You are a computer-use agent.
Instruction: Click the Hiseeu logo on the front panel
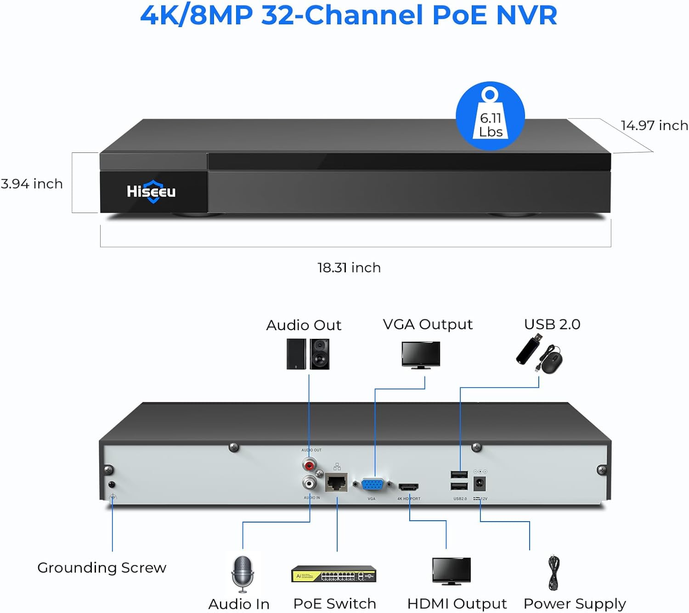(x=151, y=191)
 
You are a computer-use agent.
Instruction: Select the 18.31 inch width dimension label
(x=349, y=268)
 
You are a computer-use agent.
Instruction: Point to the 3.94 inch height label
(x=32, y=184)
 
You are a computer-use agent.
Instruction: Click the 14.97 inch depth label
(x=654, y=125)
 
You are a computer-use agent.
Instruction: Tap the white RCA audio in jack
(x=309, y=483)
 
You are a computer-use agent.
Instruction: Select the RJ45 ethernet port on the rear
(x=337, y=483)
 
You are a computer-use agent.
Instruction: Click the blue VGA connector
(x=373, y=485)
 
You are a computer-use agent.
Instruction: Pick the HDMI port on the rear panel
(x=408, y=486)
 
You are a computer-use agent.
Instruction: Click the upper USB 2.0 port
(x=459, y=475)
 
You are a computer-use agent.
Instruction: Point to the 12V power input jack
(x=480, y=484)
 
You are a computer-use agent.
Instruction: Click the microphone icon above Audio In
(x=243, y=574)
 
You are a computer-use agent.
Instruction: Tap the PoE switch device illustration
(x=334, y=574)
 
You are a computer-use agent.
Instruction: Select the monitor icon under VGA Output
(x=421, y=355)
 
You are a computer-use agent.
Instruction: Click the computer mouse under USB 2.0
(x=551, y=361)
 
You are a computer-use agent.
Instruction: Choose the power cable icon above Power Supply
(x=554, y=573)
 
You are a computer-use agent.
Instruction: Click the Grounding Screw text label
(x=102, y=568)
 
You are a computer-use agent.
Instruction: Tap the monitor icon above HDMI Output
(x=452, y=571)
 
